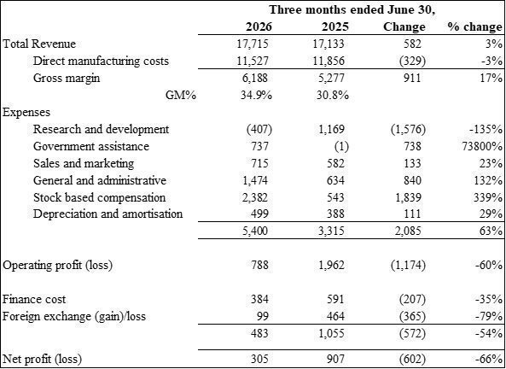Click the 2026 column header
tap(259, 26)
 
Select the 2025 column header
tap(335, 26)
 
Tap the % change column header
tap(474, 26)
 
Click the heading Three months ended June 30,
tap(352, 9)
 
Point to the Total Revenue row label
tap(39, 44)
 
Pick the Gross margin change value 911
tap(412, 78)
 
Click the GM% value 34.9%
tap(257, 95)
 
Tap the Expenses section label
tap(26, 112)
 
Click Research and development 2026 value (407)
tap(259, 129)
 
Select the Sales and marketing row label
tap(84, 163)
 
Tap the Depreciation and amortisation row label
tap(108, 214)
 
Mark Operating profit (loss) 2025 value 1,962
tap(331, 266)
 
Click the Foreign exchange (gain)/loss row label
tap(74, 316)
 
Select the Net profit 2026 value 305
tap(259, 359)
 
